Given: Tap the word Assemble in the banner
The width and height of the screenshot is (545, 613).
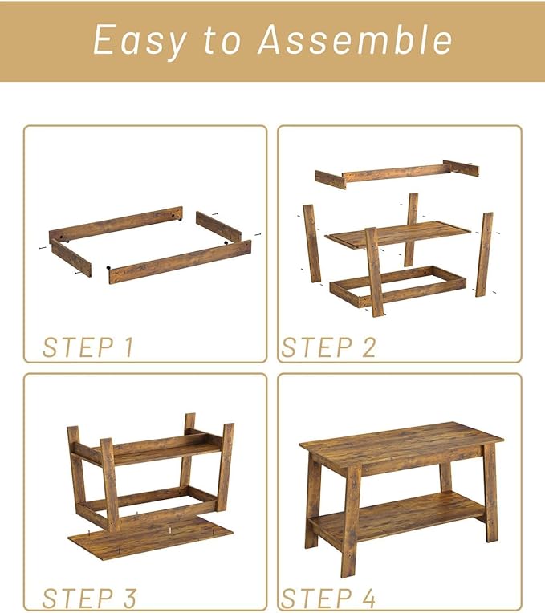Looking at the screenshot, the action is click(x=355, y=39).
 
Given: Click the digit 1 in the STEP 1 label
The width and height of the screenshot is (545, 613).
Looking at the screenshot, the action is click(x=128, y=347).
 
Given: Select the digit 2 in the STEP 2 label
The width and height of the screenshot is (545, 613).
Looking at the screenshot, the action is click(x=368, y=347).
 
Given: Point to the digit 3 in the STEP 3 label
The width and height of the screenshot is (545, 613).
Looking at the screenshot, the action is click(x=129, y=598).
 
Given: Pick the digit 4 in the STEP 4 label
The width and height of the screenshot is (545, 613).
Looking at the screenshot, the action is click(x=368, y=598).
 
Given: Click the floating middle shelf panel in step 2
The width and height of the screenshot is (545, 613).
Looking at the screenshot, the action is click(x=398, y=234).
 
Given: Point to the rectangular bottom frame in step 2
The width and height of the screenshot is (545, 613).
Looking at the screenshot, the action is click(x=398, y=287).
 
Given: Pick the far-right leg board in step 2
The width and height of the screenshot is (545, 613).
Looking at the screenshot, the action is click(x=485, y=254).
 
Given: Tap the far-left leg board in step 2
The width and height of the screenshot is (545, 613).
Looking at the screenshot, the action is click(x=312, y=243).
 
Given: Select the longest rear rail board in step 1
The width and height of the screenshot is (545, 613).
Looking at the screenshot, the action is click(x=116, y=225).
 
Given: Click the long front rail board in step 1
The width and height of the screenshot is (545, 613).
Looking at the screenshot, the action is click(x=180, y=262).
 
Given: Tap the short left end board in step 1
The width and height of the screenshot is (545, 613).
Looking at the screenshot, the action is click(x=71, y=259).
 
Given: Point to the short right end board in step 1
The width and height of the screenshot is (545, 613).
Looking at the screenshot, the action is click(x=218, y=226).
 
